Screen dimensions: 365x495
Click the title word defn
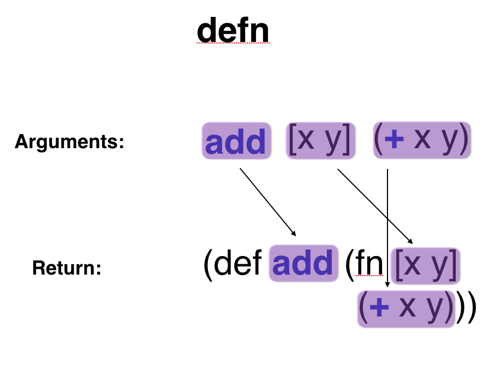(233, 31)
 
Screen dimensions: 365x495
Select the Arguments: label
(69, 142)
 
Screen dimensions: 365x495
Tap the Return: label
(67, 268)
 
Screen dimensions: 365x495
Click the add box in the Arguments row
(237, 141)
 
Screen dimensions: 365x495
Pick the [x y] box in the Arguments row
(321, 141)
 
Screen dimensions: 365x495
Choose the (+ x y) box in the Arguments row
(422, 140)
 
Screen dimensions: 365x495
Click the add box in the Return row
(303, 263)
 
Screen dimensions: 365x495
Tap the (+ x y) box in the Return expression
(406, 308)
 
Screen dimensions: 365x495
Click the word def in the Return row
(239, 264)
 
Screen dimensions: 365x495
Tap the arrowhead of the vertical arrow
(387, 284)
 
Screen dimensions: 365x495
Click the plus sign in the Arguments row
(395, 140)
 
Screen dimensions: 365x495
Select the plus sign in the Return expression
(379, 308)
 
